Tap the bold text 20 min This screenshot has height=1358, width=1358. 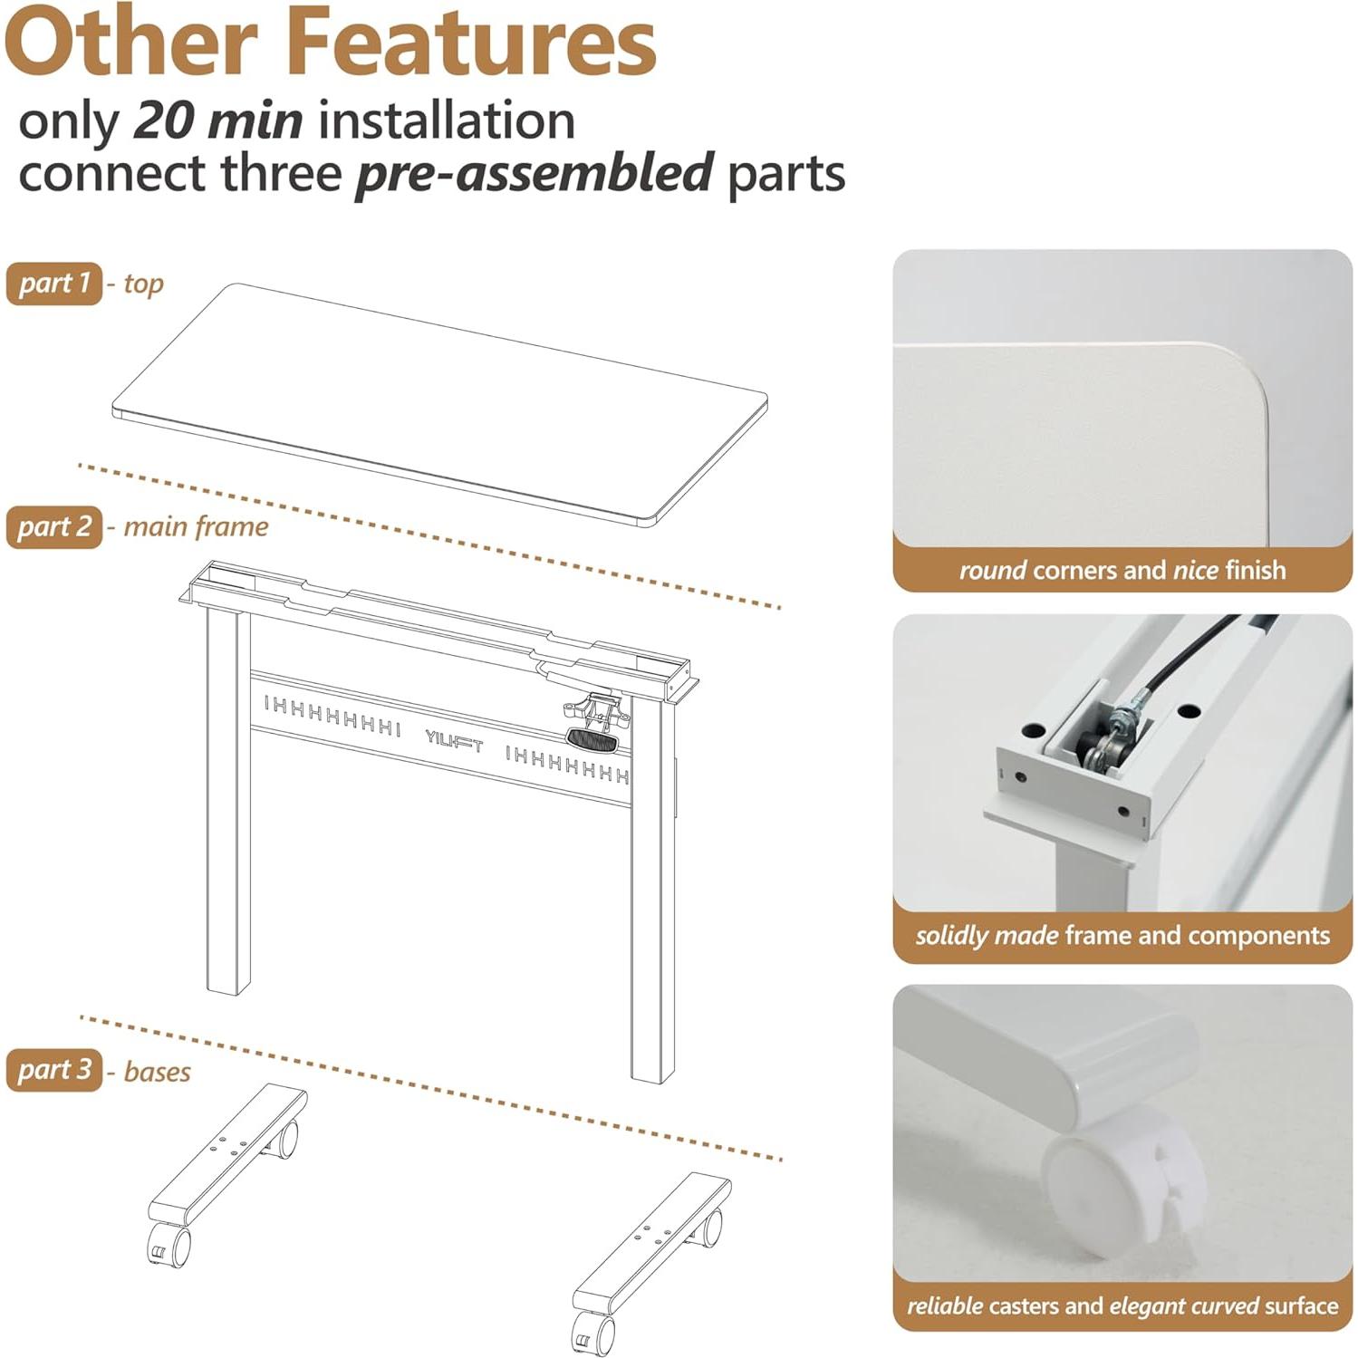(218, 120)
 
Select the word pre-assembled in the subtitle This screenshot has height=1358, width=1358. (535, 173)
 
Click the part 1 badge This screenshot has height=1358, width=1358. (54, 284)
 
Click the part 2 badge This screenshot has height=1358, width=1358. (54, 526)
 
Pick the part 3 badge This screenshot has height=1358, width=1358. (54, 1070)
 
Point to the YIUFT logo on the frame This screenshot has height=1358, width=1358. (454, 741)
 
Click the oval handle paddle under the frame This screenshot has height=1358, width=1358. (592, 740)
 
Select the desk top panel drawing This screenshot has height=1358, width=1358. (439, 403)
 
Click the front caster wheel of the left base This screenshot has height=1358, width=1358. (169, 1245)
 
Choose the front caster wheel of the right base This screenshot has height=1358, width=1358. (593, 1333)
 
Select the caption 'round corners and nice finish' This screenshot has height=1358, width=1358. (1122, 570)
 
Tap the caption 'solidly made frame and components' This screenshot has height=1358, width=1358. (1122, 935)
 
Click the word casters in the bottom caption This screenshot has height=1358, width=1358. (1024, 1305)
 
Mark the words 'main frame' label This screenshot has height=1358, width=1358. (196, 526)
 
